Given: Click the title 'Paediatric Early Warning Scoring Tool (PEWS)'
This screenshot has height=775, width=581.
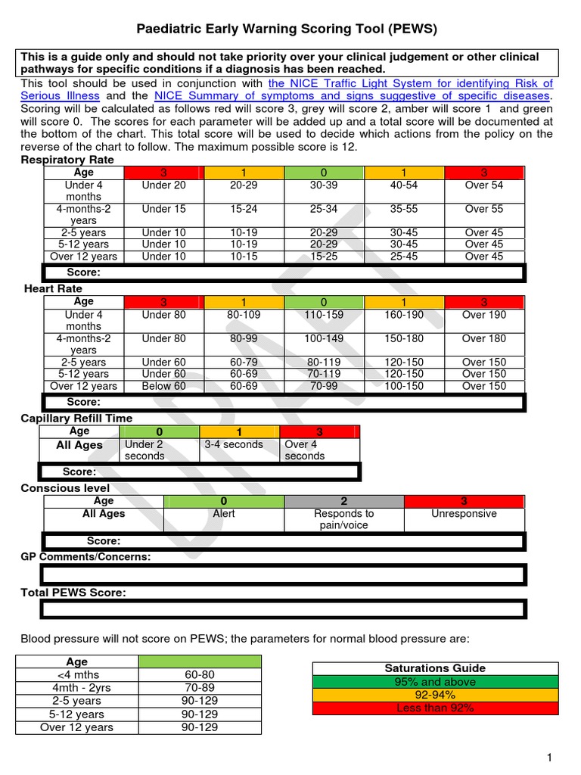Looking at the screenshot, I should click(287, 30).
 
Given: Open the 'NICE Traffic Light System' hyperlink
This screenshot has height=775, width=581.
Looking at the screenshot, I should click(411, 83).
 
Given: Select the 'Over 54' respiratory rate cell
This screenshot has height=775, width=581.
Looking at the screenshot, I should click(484, 185).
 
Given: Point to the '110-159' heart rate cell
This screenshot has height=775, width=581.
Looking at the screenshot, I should click(324, 315).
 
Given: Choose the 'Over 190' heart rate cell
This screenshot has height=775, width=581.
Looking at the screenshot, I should click(484, 315).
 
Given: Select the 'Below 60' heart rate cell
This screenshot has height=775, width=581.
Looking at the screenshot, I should click(163, 386).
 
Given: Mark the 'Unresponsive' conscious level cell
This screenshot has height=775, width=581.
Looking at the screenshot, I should click(464, 514).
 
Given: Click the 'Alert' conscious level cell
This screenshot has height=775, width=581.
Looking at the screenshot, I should click(224, 514).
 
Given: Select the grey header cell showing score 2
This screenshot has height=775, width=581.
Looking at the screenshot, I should click(344, 501).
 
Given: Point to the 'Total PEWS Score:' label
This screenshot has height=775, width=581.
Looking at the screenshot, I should click(73, 593).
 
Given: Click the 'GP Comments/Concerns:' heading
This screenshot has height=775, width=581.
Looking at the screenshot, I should click(85, 557).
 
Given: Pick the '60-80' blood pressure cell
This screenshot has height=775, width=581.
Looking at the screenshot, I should click(200, 674).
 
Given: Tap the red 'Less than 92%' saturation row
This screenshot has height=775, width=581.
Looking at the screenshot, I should click(435, 708).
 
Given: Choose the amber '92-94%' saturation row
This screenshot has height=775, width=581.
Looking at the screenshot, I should click(435, 695).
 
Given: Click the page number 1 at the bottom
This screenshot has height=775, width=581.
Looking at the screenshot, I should click(550, 758).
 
